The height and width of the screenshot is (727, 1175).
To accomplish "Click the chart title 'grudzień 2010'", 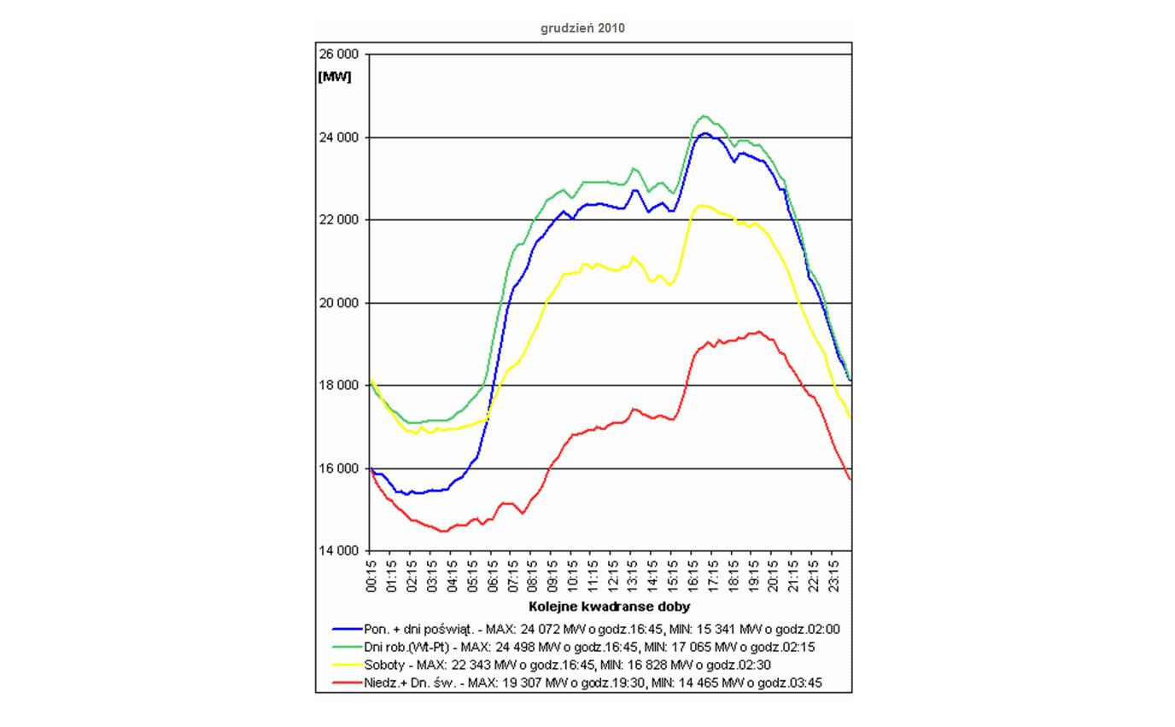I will [582, 28].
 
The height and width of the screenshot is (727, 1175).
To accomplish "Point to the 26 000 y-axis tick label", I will [339, 54].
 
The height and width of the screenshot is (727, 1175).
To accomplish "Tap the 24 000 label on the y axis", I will [339, 137].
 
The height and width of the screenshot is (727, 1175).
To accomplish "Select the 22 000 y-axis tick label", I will [339, 220].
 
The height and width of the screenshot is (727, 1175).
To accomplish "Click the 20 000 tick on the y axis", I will [339, 303].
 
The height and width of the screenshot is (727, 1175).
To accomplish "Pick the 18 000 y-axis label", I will [339, 386].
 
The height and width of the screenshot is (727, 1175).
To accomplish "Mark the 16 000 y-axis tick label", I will [339, 468].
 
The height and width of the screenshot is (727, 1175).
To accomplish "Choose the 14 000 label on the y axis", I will [339, 551].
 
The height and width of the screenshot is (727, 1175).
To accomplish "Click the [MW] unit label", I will [335, 77].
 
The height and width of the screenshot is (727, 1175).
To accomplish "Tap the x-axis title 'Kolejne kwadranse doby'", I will [609, 607].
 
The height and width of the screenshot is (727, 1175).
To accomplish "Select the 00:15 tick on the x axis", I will [371, 576].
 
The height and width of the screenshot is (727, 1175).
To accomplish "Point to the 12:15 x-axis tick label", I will [612, 576].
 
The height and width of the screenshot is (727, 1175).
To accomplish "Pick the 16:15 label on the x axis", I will [693, 576].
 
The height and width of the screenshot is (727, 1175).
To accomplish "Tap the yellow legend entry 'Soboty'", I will [385, 666].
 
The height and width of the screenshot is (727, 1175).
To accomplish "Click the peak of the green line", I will [704, 116].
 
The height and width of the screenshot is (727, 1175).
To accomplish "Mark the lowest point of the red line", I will [443, 532].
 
